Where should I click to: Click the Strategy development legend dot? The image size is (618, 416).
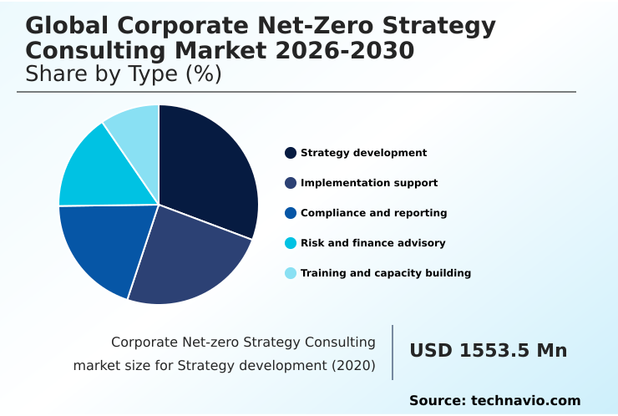pos(291,153)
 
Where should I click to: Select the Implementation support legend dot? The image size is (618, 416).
pos(291,183)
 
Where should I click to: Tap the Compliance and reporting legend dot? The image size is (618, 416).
pos(291,213)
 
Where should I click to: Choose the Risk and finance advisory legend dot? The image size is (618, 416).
pos(291,243)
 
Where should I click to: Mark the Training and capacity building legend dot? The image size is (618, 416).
pos(291,273)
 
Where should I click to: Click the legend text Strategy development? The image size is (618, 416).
pos(363,153)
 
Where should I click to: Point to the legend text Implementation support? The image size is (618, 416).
pos(368,183)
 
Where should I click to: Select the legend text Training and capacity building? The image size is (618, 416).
pos(385,273)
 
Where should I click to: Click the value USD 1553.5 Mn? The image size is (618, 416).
pos(488,351)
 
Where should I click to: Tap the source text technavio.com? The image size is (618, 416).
pos(525,401)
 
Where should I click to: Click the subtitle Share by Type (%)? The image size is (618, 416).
pos(124,74)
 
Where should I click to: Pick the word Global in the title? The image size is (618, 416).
pos(63,26)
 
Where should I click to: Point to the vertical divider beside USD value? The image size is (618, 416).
pos(393,353)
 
